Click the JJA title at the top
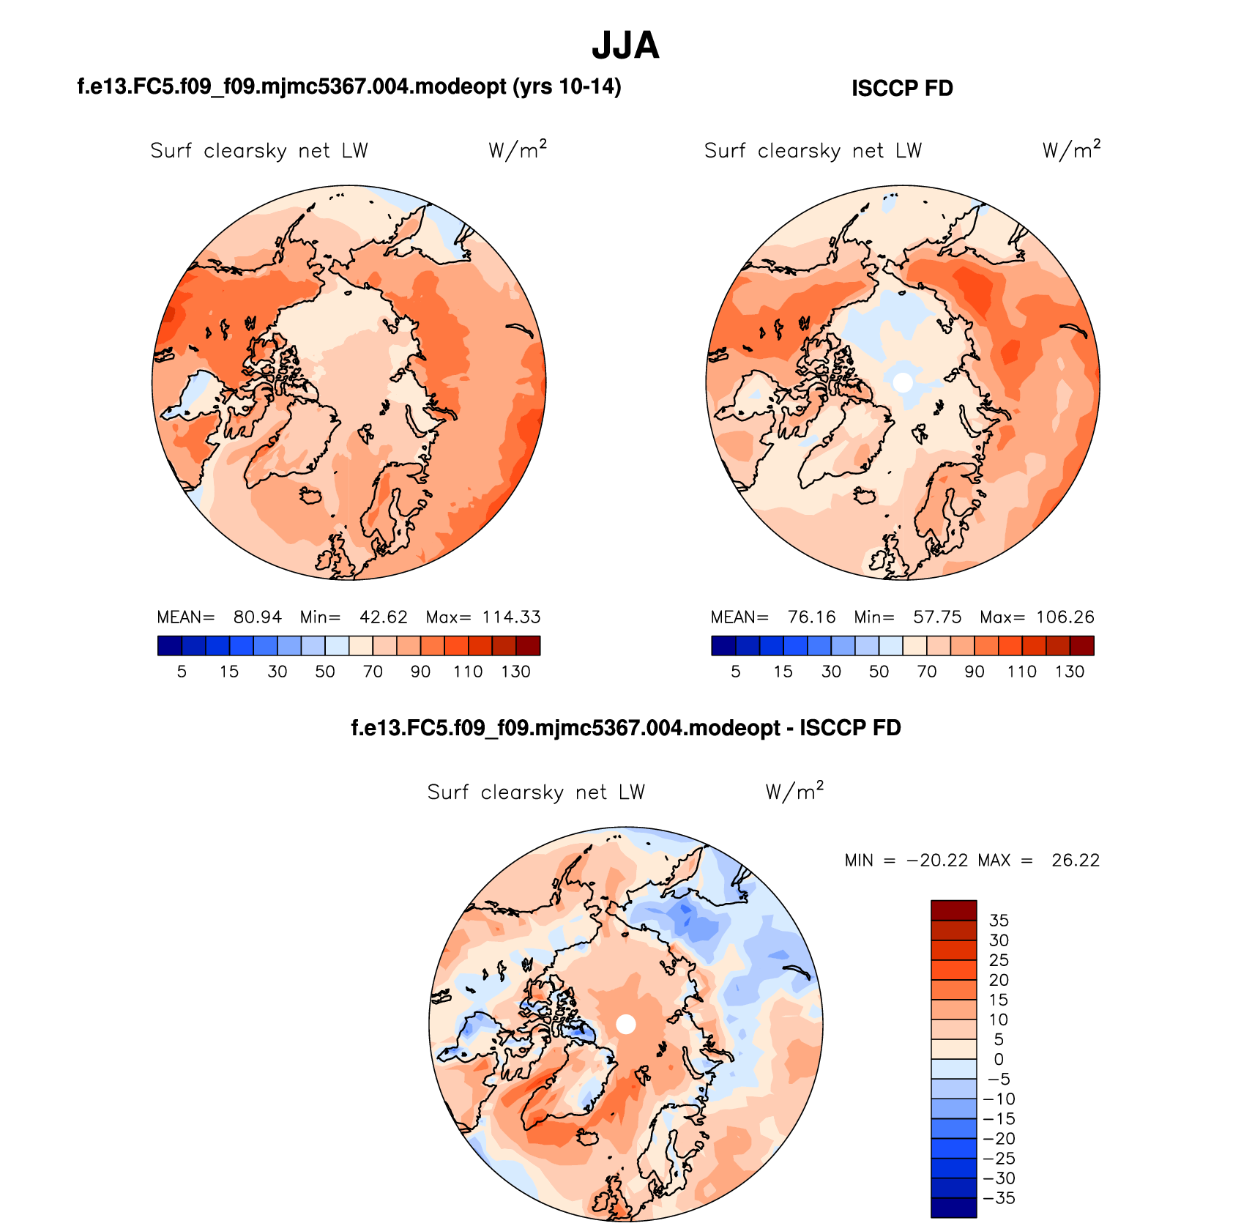pos(625,45)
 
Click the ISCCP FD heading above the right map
pos(902,89)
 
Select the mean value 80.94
pos(257,617)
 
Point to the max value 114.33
pos(511,617)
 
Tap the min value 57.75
pos(937,617)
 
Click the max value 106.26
pos(1065,617)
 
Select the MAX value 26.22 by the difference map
pos(1076,861)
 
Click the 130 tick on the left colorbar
pos(515,672)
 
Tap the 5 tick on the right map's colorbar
pos(735,672)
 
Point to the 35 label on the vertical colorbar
pos(999,921)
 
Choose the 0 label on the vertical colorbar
pos(999,1060)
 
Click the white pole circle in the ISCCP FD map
pos(903,382)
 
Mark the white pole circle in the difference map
pos(625,1024)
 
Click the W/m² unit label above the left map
pos(518,150)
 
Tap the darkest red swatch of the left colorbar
pos(528,645)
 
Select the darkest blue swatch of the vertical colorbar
pos(953,1208)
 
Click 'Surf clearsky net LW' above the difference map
pos(536,792)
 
